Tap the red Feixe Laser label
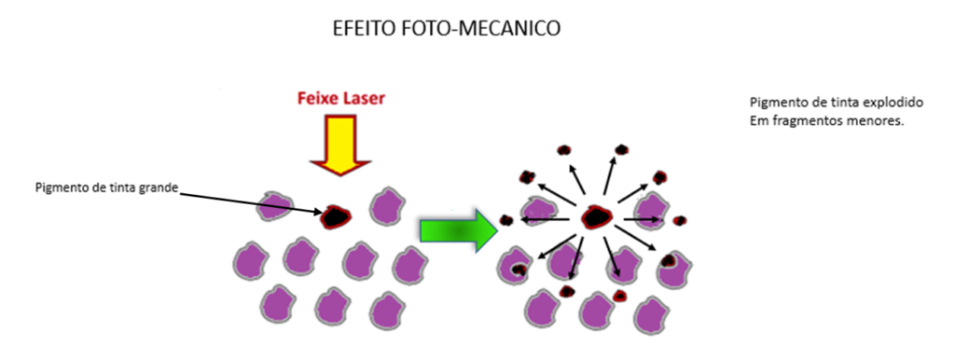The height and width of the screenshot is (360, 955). pyautogui.click(x=341, y=98)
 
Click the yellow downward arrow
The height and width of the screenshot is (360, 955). pyautogui.click(x=340, y=145)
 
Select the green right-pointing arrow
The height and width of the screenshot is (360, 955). pyautogui.click(x=459, y=230)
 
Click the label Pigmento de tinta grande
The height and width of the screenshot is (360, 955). pyautogui.click(x=106, y=187)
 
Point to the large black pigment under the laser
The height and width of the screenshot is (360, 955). pyautogui.click(x=337, y=215)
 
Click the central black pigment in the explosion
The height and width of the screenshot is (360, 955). pyautogui.click(x=597, y=217)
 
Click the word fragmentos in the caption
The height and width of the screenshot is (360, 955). pyautogui.click(x=806, y=120)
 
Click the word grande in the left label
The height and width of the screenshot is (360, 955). pyautogui.click(x=160, y=188)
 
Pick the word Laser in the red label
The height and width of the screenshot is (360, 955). pyautogui.click(x=363, y=98)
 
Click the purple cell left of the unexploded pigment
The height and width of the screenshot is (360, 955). pyautogui.click(x=276, y=206)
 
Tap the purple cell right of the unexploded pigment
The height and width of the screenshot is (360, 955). pyautogui.click(x=387, y=206)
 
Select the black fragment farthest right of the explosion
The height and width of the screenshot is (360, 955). pyautogui.click(x=680, y=220)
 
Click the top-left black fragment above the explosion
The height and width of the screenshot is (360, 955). pyautogui.click(x=564, y=150)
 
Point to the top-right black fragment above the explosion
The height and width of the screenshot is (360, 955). pyautogui.click(x=621, y=149)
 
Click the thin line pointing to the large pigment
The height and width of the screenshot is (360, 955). pyautogui.click(x=251, y=203)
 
